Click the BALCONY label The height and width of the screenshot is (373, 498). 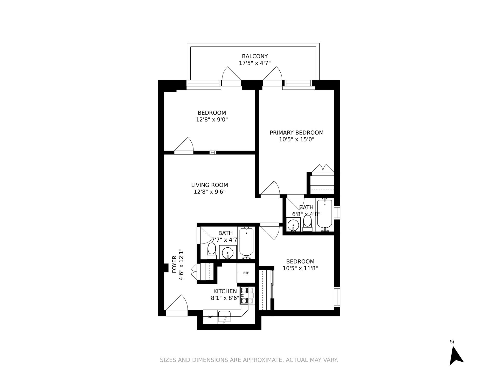[255, 56]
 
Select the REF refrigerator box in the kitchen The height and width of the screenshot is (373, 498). [246, 273]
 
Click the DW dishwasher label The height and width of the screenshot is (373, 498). [210, 317]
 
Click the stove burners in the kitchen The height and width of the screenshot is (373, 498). [247, 295]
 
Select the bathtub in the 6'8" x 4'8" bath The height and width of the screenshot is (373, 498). [324, 214]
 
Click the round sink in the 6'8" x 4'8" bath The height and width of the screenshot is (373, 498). [293, 225]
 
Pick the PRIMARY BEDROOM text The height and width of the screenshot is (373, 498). [296, 133]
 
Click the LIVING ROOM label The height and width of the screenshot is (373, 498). [210, 185]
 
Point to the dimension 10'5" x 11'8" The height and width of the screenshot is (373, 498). [300, 268]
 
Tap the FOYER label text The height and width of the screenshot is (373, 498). [174, 264]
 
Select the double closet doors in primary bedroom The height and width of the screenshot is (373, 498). [323, 169]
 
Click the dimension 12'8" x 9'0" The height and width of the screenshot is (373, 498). [212, 120]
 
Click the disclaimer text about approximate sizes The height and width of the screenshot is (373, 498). [249, 360]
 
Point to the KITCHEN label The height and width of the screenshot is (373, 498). [225, 291]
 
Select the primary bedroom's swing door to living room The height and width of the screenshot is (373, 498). [270, 189]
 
